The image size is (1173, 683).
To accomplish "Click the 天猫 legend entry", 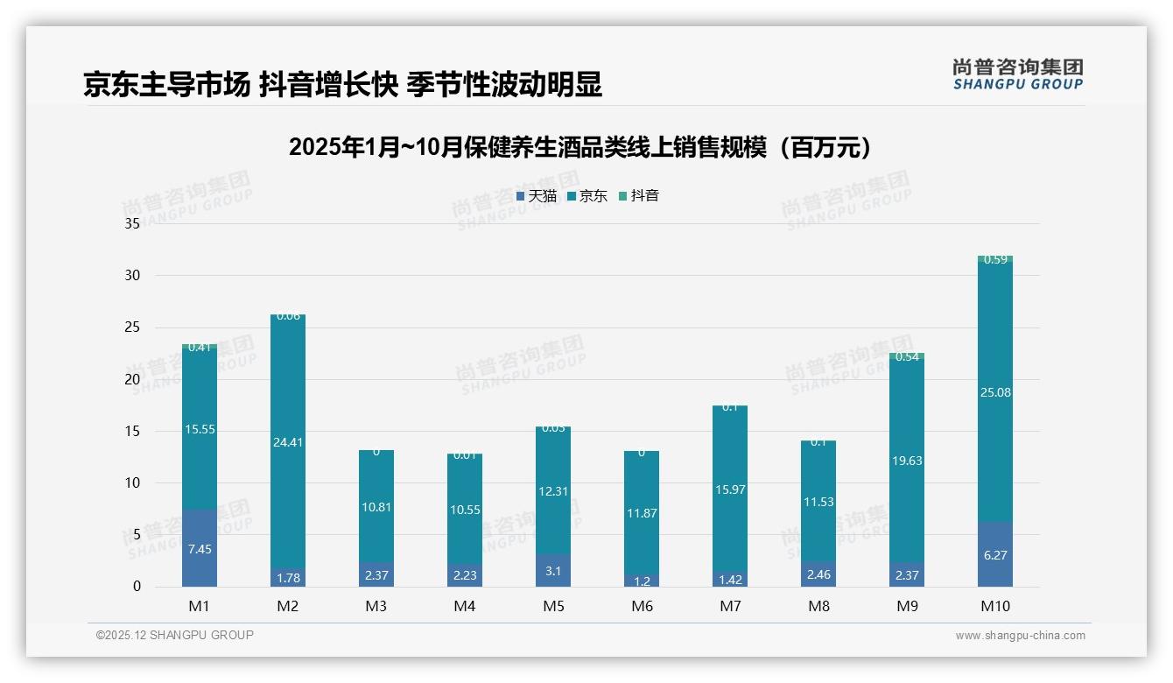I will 537,196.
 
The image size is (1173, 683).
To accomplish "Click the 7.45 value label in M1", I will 199,549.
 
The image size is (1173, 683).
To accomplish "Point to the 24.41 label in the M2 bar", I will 287,442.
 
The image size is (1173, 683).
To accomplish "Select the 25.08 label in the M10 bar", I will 995,392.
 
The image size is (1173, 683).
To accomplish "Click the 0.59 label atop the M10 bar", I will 995,260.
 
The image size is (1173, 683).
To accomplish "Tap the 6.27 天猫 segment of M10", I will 995,555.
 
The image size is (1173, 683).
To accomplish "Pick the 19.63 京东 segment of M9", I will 907,461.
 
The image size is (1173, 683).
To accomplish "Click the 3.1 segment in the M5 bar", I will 552,571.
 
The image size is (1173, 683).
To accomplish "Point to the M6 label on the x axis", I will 642,607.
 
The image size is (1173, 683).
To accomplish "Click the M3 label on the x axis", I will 376,607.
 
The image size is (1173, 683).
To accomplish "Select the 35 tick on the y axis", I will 132,224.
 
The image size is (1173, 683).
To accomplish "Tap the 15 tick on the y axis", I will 132,431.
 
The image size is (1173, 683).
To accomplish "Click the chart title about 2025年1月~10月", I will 581,148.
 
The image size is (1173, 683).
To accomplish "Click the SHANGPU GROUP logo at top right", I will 1017,74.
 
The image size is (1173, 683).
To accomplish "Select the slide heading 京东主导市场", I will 342,85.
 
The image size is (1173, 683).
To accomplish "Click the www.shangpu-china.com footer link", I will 1020,636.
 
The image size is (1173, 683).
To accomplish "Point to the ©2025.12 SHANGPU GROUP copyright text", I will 175,636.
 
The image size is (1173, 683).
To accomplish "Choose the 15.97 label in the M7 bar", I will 730,489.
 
